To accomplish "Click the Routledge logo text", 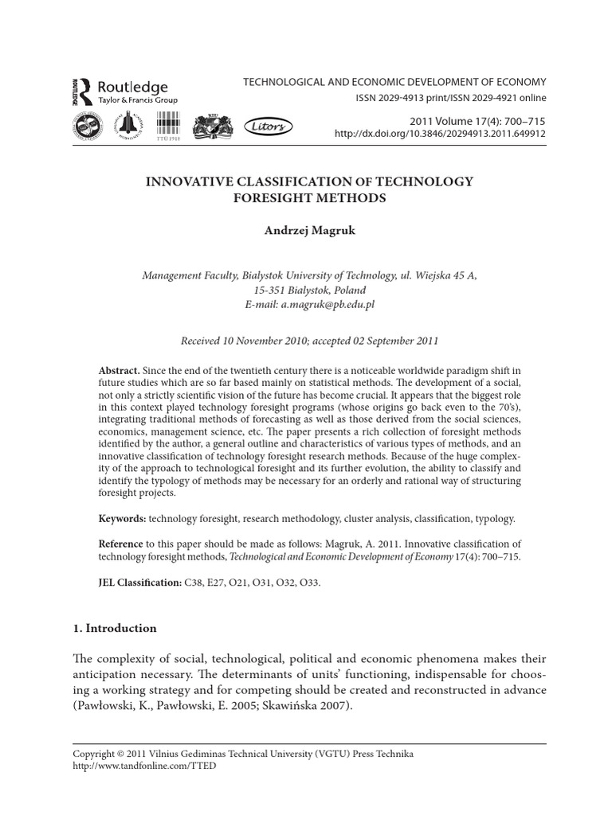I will [x=131, y=87].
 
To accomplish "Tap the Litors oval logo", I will [x=272, y=126].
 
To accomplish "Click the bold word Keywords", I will [x=122, y=518].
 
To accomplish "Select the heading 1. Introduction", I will [x=115, y=628].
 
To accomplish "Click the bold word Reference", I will [x=124, y=542].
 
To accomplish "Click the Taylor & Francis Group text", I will [x=137, y=100].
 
